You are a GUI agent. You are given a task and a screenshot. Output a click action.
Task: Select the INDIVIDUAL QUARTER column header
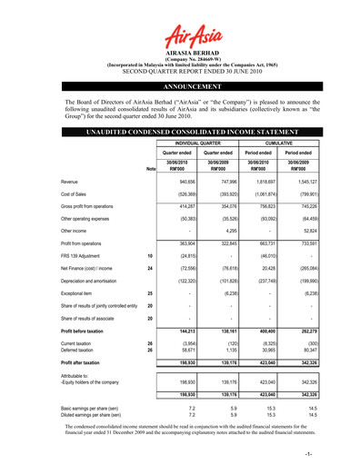pos(210,142)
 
